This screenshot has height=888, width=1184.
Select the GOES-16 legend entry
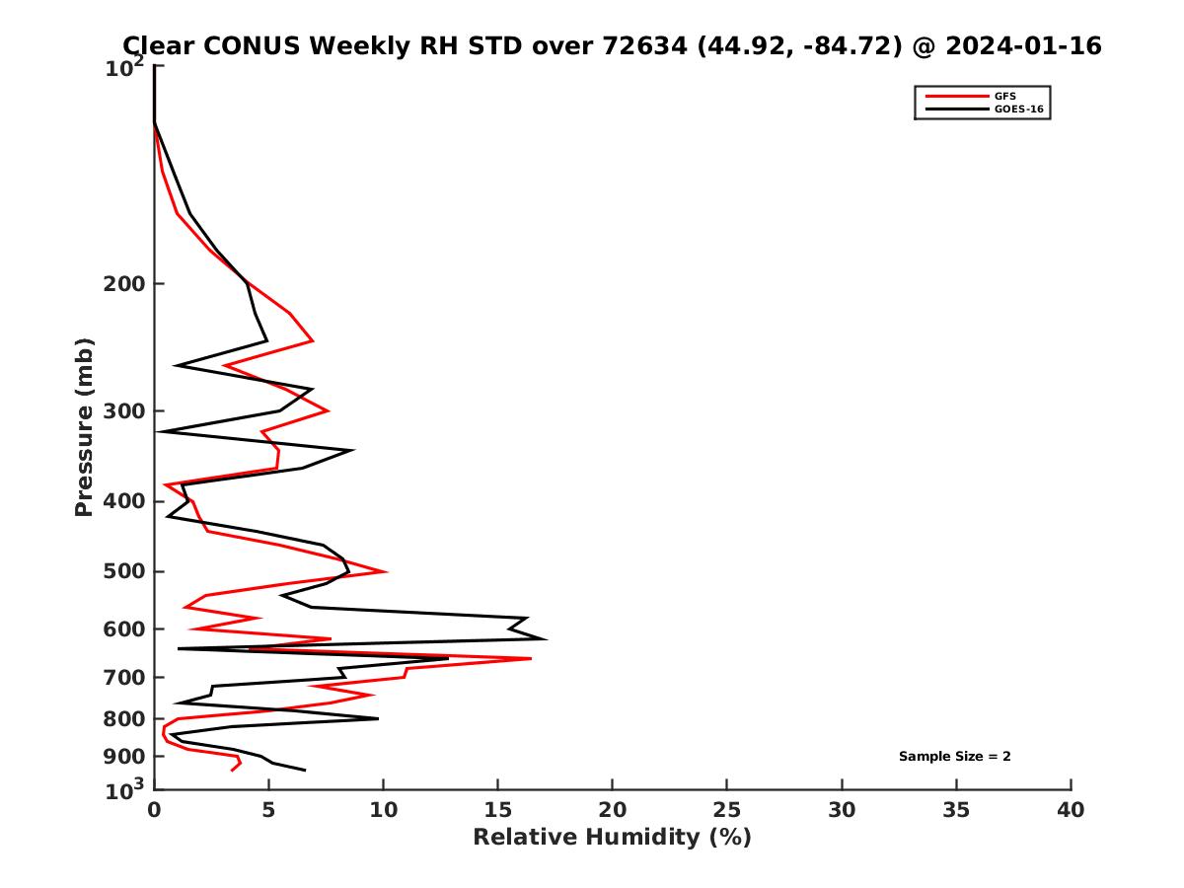pyautogui.click(x=1018, y=110)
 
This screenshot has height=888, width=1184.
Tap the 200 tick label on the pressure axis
pyautogui.click(x=121, y=284)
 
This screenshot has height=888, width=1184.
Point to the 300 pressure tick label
pyautogui.click(x=121, y=410)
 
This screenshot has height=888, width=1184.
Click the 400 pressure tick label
pyautogui.click(x=121, y=501)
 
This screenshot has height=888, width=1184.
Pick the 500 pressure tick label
pyautogui.click(x=121, y=571)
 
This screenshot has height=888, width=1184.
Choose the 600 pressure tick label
pyautogui.click(x=121, y=629)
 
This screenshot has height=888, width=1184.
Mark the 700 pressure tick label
pyautogui.click(x=121, y=677)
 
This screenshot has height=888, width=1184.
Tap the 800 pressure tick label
pyautogui.click(x=121, y=719)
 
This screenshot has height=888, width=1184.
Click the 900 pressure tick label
pyautogui.click(x=121, y=757)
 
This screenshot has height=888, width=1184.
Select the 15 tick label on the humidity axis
pyautogui.click(x=497, y=810)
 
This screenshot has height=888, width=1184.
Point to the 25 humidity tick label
pyautogui.click(x=727, y=810)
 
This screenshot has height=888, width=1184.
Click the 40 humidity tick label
pyautogui.click(x=1071, y=810)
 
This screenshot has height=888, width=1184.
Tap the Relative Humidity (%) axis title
pyautogui.click(x=612, y=838)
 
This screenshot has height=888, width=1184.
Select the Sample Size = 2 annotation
pyautogui.click(x=954, y=757)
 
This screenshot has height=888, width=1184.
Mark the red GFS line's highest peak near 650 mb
pyautogui.click(x=531, y=658)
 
